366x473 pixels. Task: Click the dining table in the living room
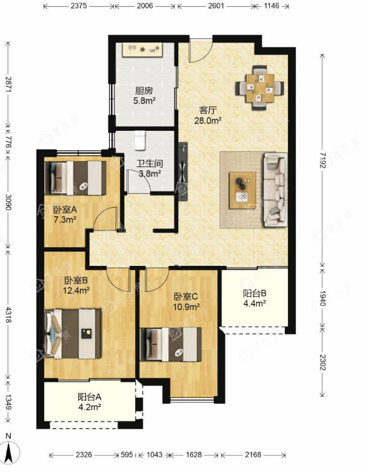(260, 88)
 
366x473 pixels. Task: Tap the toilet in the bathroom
(139, 141)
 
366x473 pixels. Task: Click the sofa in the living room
(276, 190)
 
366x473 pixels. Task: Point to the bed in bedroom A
(75, 178)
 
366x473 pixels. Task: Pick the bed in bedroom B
(73, 334)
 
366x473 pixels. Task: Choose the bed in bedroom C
(171, 345)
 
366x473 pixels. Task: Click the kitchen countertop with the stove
(143, 50)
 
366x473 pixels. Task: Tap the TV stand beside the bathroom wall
(183, 171)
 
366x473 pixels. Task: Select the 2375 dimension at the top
(79, 5)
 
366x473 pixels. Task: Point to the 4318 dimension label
(8, 315)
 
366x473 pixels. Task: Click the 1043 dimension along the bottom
(155, 454)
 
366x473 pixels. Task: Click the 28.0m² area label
(208, 121)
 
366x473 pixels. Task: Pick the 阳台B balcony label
(255, 293)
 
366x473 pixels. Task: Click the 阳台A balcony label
(89, 397)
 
